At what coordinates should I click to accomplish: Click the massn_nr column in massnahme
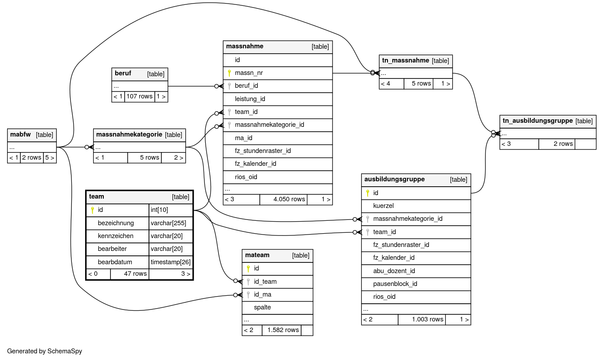pyautogui.click(x=248, y=73)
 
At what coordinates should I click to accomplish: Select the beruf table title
pyautogui.click(x=123, y=74)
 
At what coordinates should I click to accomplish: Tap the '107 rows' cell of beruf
pyautogui.click(x=139, y=96)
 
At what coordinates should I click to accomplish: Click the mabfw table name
pyautogui.click(x=20, y=134)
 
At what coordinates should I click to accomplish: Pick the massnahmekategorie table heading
pyautogui.click(x=129, y=134)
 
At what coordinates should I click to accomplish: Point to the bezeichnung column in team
pyautogui.click(x=116, y=223)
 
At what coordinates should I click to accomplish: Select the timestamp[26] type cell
pyautogui.click(x=171, y=262)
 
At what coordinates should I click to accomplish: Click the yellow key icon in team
pyautogui.click(x=92, y=210)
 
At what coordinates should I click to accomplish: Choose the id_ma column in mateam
pyautogui.click(x=262, y=294)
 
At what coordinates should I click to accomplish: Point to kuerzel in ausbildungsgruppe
pyautogui.click(x=384, y=206)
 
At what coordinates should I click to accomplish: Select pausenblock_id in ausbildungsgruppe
pyautogui.click(x=395, y=284)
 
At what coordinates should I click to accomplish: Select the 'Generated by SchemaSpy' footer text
pyautogui.click(x=45, y=351)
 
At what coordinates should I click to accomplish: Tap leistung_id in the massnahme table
pyautogui.click(x=250, y=99)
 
